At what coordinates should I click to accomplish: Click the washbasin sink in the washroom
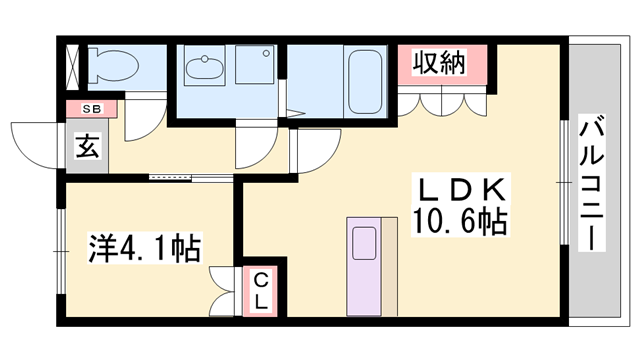pyautogui.click(x=208, y=69)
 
